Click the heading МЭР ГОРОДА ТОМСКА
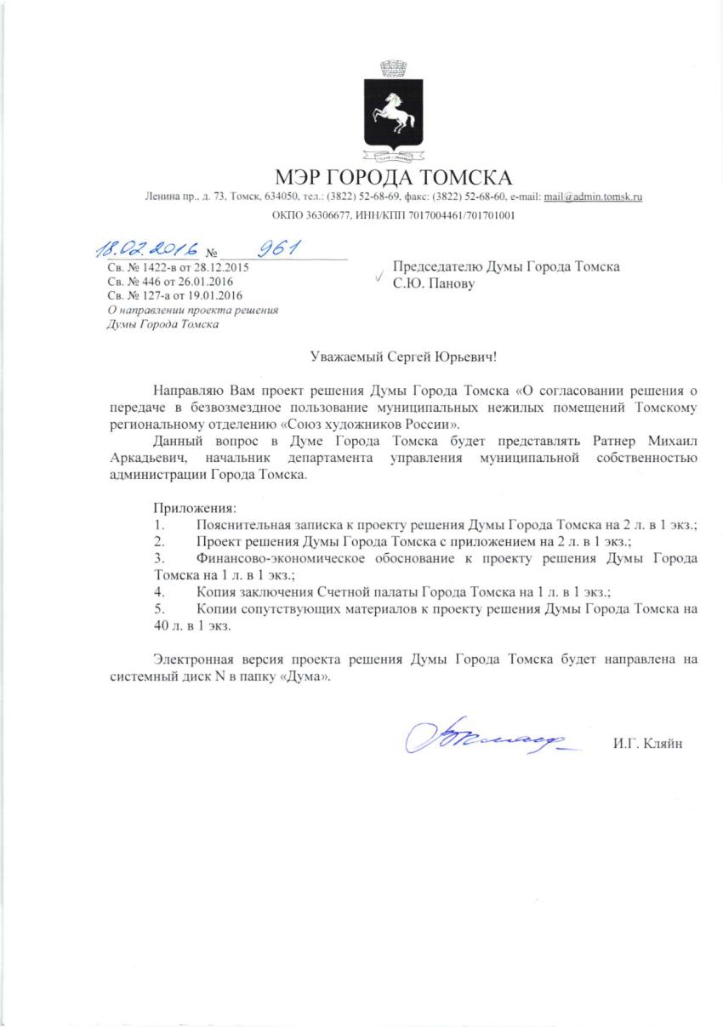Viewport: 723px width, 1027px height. tap(394, 178)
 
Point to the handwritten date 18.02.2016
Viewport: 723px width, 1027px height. tap(146, 250)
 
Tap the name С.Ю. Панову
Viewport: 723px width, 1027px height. tap(434, 282)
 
